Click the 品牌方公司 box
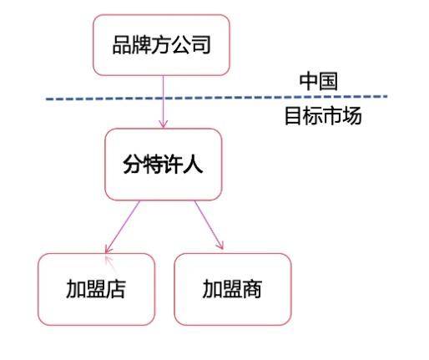161,45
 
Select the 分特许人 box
164,165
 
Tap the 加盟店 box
96,289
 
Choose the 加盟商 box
233,289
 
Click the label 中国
319,81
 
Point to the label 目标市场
323,115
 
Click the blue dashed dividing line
216,98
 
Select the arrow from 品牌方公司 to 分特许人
164,102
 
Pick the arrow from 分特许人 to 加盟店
122,227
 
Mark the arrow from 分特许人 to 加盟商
209,225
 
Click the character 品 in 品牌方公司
122,45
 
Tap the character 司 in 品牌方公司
200,45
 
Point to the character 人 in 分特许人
193,165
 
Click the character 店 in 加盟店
116,289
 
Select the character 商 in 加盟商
252,289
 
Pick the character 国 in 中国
328,81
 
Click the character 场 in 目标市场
352,115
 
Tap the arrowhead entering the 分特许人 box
164,124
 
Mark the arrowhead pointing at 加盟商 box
221,245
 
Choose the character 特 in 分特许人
153,165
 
